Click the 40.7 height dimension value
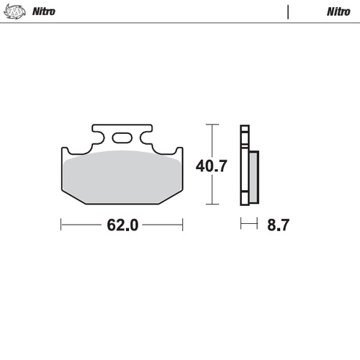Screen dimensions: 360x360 click(212, 166)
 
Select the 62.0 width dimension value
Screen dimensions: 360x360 click(122, 225)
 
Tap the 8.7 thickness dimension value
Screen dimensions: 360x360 click(278, 225)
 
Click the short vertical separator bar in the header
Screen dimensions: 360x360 click(288, 12)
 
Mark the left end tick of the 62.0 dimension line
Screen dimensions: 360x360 click(61, 225)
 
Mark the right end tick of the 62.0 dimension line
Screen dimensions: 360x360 click(182, 225)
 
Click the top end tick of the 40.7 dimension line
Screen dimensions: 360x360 click(211, 125)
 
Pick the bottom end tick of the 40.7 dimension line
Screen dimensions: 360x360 click(211, 204)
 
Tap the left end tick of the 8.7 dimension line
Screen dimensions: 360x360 click(240, 225)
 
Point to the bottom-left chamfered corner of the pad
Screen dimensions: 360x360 click(68, 197)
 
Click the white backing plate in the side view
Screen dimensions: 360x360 click(244, 166)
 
